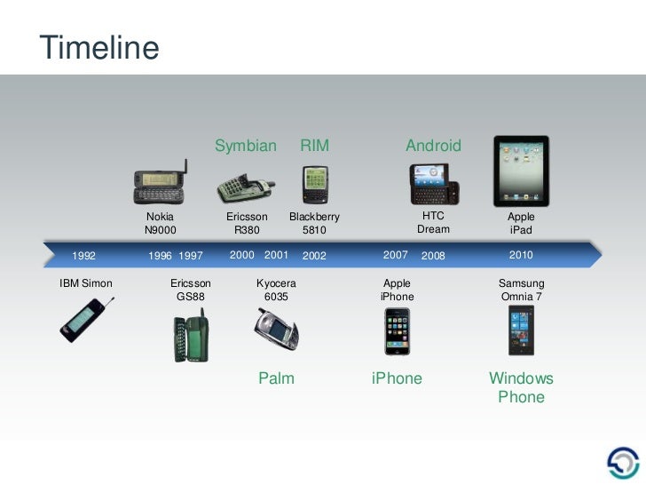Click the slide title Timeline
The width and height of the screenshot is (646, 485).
click(99, 46)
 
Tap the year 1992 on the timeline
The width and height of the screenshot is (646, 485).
click(83, 257)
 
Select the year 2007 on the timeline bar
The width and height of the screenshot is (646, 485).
click(395, 256)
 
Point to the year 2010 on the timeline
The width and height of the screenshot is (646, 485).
click(521, 256)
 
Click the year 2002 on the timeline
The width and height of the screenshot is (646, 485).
click(314, 257)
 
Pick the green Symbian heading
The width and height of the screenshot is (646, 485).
click(246, 146)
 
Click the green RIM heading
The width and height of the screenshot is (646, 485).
click(315, 146)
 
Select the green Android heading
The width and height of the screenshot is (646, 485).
click(433, 146)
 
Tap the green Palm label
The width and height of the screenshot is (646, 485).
click(276, 379)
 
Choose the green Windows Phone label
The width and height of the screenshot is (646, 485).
click(521, 388)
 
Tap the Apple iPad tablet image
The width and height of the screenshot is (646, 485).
click(521, 171)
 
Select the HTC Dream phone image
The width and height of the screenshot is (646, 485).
click(434, 184)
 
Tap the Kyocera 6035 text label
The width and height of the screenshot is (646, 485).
click(276, 290)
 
